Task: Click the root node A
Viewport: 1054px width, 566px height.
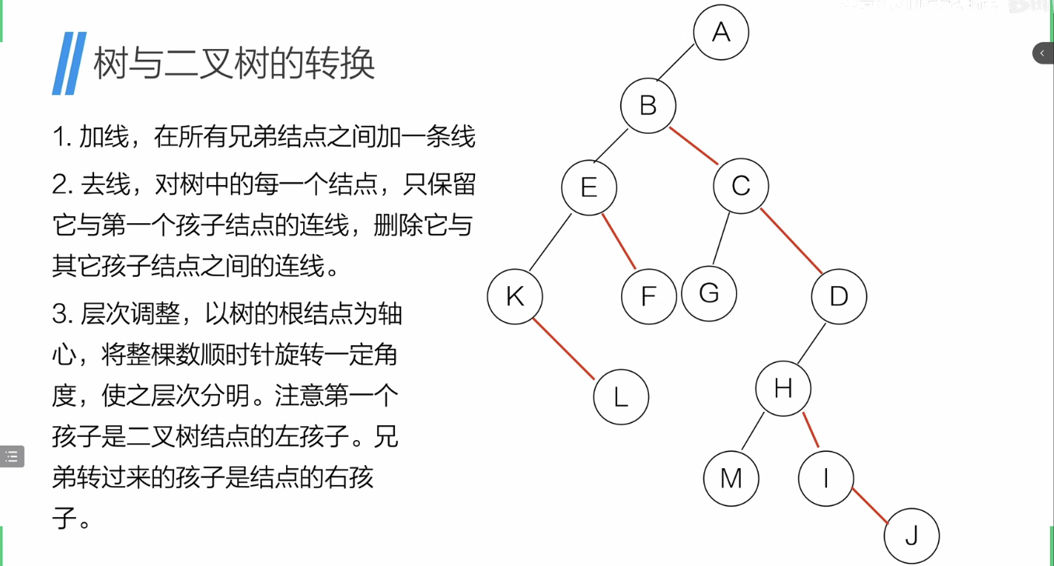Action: coord(721,33)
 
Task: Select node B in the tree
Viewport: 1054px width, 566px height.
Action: coord(648,106)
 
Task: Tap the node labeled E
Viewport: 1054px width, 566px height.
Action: coord(589,187)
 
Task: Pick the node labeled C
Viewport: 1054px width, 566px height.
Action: coord(741,187)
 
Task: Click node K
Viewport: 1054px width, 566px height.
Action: coord(515,296)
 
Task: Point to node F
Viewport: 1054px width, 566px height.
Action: coord(649,296)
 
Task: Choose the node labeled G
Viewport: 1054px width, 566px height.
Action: coord(709,294)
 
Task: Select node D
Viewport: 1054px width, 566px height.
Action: coord(839,296)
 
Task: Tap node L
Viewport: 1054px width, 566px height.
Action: coord(620,397)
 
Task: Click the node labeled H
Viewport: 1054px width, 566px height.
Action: coord(783,388)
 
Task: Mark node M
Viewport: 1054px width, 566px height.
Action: coord(731,478)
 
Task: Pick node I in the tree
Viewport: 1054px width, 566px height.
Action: coord(825,478)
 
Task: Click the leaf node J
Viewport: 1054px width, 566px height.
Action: coord(912,536)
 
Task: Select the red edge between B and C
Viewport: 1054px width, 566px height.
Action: coord(694,145)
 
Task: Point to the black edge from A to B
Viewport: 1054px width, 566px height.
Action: coord(674,63)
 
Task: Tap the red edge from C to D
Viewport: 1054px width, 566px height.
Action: coord(790,242)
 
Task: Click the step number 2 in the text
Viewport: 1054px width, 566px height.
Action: coord(59,186)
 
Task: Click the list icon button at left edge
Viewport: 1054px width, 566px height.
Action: coord(12,456)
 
